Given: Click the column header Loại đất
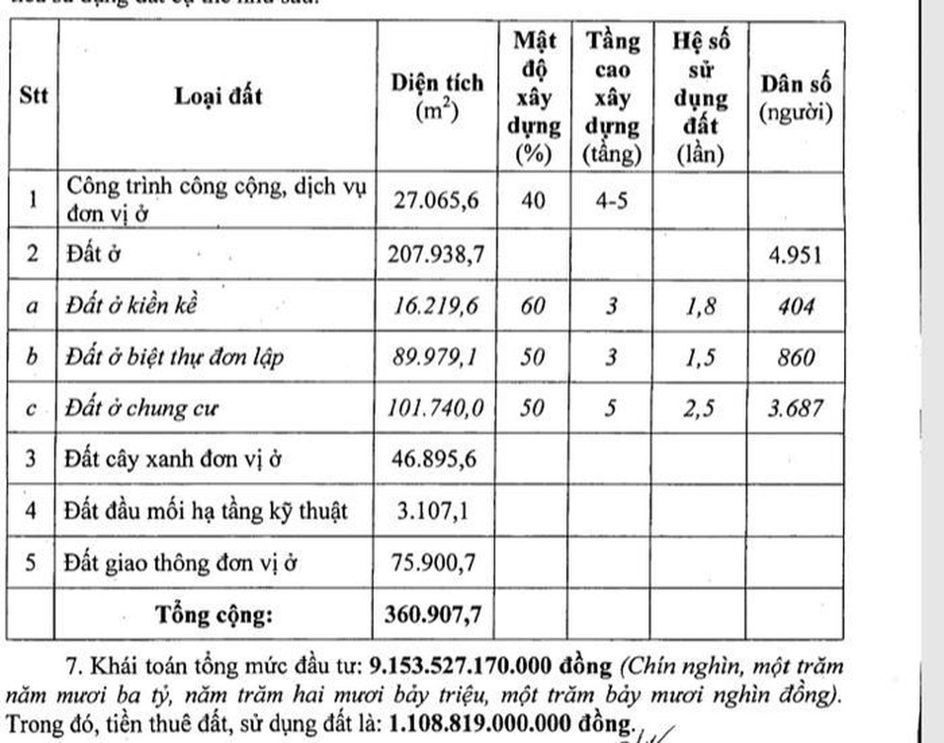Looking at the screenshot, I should tap(218, 95).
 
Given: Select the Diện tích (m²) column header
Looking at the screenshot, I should tap(437, 95).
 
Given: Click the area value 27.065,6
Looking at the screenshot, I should tap(437, 200).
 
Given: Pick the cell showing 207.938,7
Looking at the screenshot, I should tap(437, 254).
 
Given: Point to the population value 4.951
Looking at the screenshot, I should tap(795, 255).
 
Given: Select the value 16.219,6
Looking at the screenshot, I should tap(437, 306).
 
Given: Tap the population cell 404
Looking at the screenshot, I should tap(795, 306).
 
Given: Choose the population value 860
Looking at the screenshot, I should tap(795, 358).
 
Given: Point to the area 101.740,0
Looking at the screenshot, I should tap(437, 409).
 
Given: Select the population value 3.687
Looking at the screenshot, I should tap(795, 409).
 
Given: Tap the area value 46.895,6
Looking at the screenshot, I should tap(437, 461).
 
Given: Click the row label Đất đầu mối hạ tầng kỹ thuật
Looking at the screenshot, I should tap(206, 512).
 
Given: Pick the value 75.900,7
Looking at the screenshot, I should tap(437, 563).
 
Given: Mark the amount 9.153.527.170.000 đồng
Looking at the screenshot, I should tap(490, 667).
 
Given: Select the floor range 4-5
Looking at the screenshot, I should tap(613, 200).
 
